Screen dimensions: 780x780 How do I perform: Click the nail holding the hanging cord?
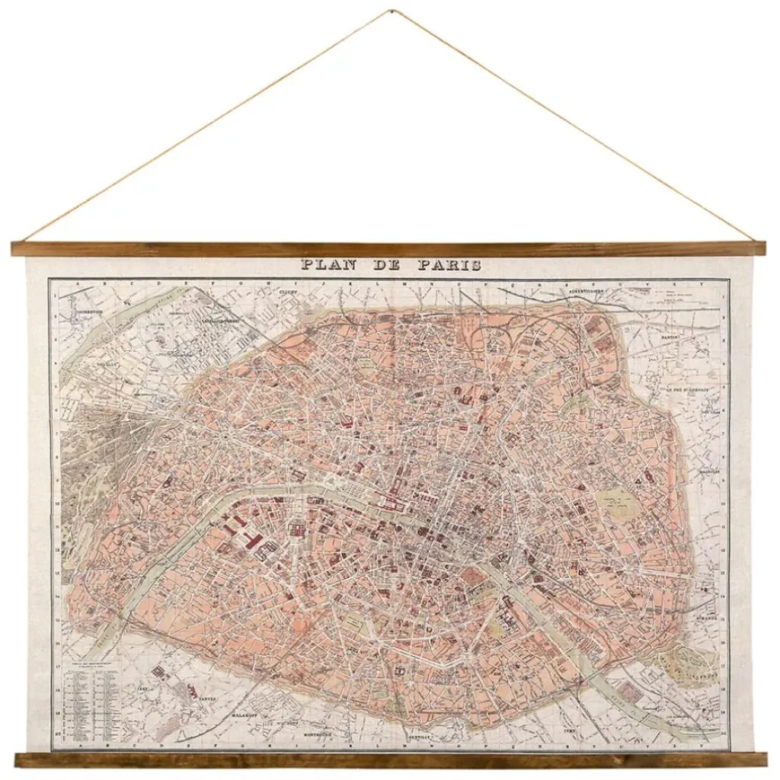pyautogui.click(x=390, y=11)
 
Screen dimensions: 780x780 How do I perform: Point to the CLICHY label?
pyautogui.click(x=286, y=292)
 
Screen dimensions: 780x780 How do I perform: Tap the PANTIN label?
pyautogui.click(x=670, y=336)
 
